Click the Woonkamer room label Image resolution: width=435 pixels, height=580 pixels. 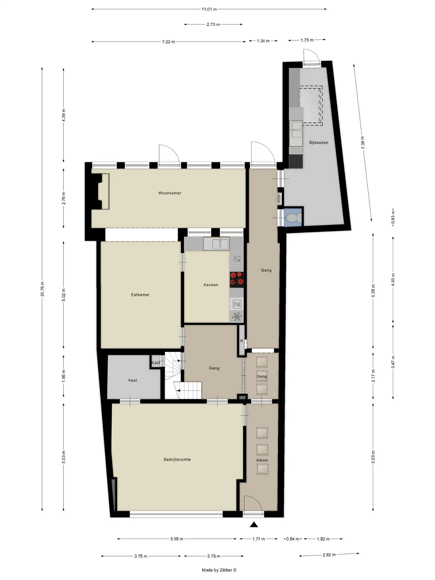click(170, 193)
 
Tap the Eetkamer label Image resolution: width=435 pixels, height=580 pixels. click(140, 295)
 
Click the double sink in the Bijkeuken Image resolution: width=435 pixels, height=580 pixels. click(296, 130)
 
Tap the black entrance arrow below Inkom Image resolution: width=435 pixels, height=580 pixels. click(254, 524)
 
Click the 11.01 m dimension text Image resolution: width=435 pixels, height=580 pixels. click(209, 9)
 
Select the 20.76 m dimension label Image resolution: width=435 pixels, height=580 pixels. click(42, 289)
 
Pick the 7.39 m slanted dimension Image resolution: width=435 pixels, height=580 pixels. click(363, 143)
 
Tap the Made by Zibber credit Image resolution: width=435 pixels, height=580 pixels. click(219, 570)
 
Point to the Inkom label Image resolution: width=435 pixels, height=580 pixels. click(262, 460)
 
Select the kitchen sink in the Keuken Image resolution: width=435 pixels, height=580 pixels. click(216, 244)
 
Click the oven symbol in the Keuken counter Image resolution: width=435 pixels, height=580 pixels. click(237, 304)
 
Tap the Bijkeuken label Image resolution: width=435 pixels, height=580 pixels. click(318, 143)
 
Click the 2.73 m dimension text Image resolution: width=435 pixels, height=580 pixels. click(213, 24)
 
